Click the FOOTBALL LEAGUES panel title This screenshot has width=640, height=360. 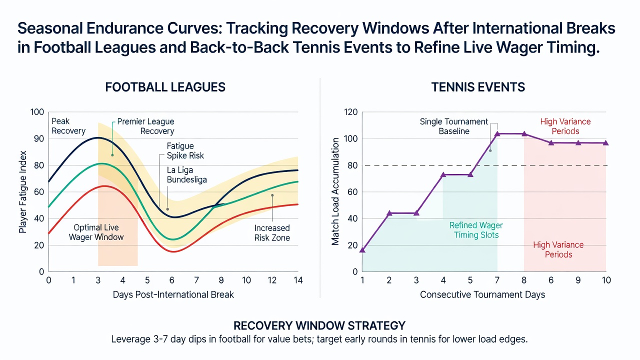click(165, 87)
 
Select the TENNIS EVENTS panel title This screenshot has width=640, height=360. click(478, 87)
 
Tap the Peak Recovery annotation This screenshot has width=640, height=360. click(68, 126)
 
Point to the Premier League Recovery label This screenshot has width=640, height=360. click(145, 126)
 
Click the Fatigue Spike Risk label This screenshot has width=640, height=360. click(185, 151)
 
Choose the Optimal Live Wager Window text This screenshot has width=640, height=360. click(96, 232)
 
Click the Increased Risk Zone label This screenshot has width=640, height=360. click(272, 233)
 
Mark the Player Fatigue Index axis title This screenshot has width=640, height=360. click(22, 192)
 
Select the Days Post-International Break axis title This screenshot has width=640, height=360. click(173, 294)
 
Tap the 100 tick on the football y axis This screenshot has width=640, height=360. click(37, 112)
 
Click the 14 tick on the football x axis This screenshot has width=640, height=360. click(298, 280)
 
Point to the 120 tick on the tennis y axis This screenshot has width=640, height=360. click(351, 112)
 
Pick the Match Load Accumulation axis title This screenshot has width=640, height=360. click(335, 191)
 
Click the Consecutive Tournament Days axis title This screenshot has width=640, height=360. click(482, 294)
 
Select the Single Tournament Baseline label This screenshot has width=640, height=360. click(454, 126)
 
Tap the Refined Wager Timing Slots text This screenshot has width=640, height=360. click(476, 230)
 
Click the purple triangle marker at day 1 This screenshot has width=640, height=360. click(362, 250)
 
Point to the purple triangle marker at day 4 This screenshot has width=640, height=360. click(443, 174)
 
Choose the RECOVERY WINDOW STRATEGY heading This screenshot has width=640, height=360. click(319, 325)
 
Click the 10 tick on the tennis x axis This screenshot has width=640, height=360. click(606, 280)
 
